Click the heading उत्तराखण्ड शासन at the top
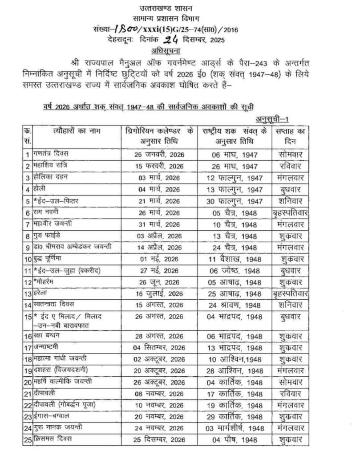pos(179,8)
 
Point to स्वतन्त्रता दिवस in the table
pos(54,305)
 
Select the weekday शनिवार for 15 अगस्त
pos(290,305)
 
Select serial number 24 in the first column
pos(27,428)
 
